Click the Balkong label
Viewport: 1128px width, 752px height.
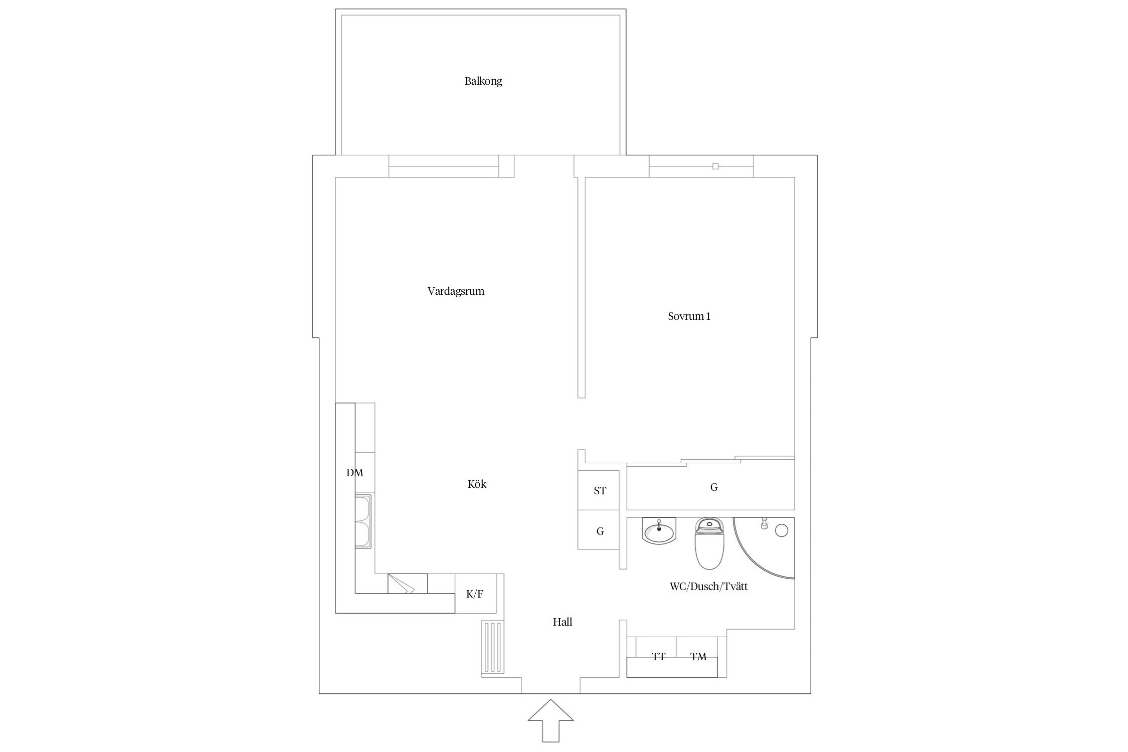point(483,81)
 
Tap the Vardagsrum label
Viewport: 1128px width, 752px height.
point(456,291)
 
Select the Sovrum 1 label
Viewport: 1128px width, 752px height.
point(689,316)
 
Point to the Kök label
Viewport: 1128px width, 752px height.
point(477,484)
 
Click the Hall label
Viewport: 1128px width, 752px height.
point(562,622)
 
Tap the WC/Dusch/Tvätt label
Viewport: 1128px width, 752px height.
point(708,587)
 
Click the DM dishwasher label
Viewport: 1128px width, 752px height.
point(354,473)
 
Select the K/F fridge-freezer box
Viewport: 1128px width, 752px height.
point(476,594)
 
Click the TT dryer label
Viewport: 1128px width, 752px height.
point(658,657)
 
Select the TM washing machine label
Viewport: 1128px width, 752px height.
point(698,657)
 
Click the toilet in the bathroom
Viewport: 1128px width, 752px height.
point(709,544)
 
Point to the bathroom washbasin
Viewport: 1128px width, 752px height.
point(659,531)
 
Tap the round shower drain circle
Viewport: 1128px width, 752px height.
point(781,530)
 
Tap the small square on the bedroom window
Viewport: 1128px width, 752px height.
point(715,166)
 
